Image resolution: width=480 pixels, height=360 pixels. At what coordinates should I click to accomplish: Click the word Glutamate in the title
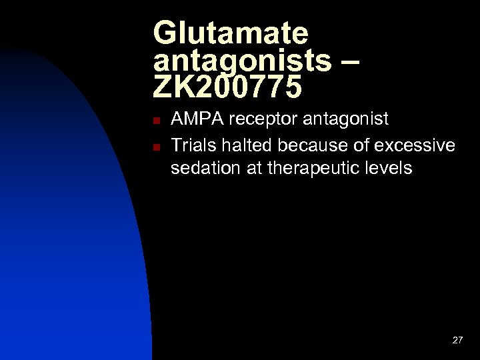(231, 33)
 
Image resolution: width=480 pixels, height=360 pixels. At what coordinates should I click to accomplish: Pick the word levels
(390, 169)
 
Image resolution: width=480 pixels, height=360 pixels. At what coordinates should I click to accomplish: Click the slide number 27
(457, 340)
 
